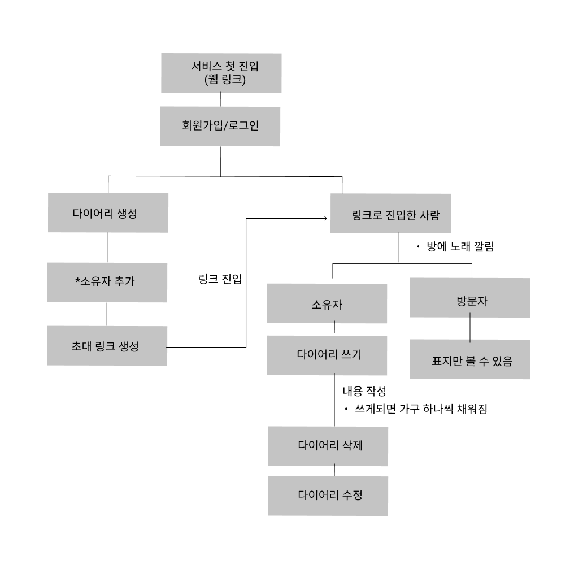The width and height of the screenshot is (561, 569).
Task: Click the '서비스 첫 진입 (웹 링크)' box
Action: pos(221,73)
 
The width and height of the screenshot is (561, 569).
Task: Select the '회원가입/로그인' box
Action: pos(220,126)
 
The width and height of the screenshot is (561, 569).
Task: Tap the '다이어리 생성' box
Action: pos(107,213)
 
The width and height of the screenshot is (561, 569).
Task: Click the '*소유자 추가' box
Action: pos(107,282)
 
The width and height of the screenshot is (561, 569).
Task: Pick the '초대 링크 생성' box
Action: pos(107,346)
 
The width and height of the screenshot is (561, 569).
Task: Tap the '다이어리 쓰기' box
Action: pos(328,355)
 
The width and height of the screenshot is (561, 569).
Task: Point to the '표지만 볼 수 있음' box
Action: pos(470,360)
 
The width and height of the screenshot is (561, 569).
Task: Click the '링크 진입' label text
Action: pos(216,279)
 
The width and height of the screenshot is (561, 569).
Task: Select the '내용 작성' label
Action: pos(364,391)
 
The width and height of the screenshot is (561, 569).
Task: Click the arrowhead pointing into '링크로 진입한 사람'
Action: pos(326,218)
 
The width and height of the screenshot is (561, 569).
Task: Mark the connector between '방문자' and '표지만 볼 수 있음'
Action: pos(470,328)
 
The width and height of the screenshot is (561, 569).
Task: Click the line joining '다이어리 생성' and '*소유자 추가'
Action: pos(107,247)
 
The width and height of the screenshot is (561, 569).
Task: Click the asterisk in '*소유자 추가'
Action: pos(77,280)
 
